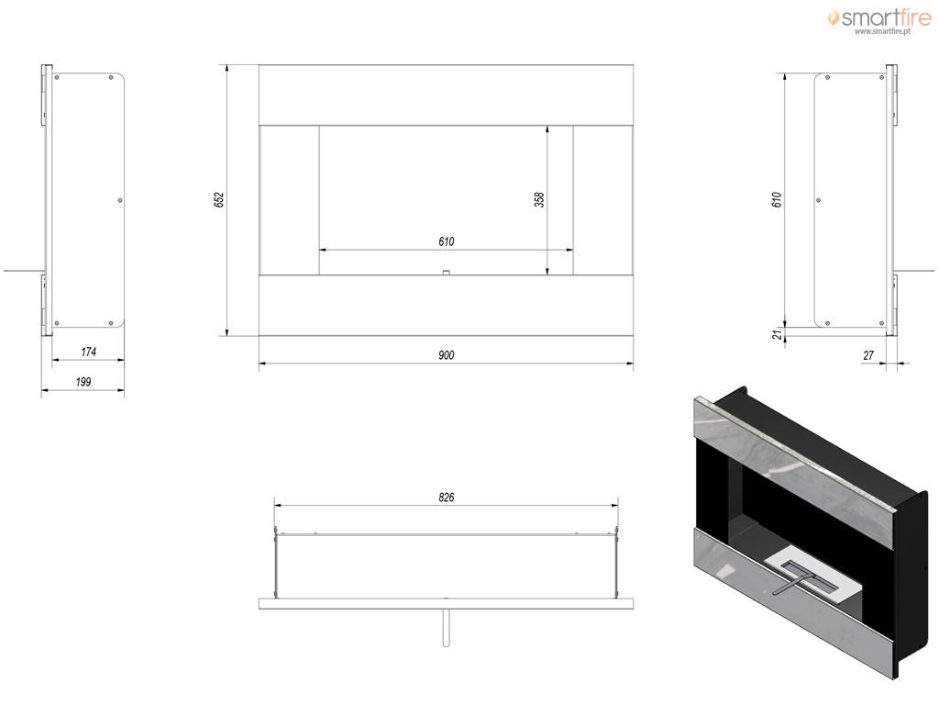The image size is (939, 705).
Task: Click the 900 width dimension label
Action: (x=447, y=355)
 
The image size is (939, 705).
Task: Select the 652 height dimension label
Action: (x=219, y=199)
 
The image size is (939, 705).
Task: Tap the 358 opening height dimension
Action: (x=539, y=199)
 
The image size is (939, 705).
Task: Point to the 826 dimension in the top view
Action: (x=447, y=497)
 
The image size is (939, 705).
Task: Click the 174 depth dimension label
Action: (x=89, y=352)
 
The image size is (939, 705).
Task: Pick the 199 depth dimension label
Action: (x=83, y=382)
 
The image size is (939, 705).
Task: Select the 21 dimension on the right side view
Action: (x=777, y=334)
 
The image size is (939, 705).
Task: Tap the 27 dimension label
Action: (x=868, y=355)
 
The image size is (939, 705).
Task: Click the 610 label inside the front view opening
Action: (x=447, y=241)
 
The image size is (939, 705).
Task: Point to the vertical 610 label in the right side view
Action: (x=777, y=199)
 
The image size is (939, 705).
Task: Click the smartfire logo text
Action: (x=887, y=18)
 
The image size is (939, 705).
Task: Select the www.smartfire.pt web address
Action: (x=882, y=31)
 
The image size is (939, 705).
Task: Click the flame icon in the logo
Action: (x=833, y=17)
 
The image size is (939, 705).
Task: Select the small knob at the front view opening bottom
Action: (x=446, y=272)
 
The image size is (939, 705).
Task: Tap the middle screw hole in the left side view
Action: (x=120, y=200)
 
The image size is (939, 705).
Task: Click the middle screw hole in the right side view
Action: (x=819, y=200)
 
